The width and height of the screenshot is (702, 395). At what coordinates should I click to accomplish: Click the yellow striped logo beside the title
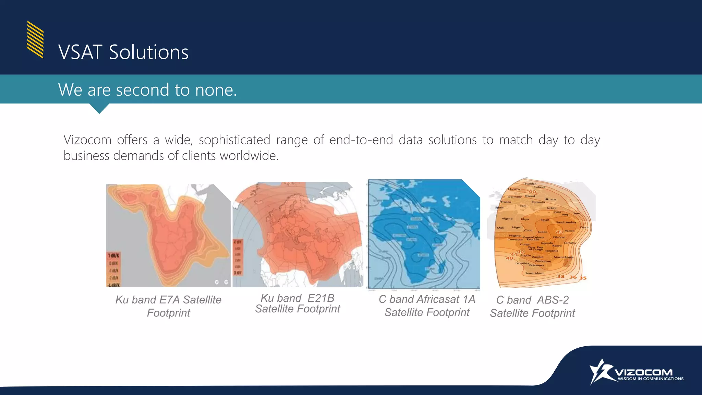(x=35, y=39)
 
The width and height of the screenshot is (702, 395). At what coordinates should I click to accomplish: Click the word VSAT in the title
(x=80, y=52)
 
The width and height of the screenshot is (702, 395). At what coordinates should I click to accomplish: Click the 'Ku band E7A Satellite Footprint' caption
(x=168, y=306)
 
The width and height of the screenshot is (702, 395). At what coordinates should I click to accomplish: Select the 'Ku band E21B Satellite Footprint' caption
(x=297, y=303)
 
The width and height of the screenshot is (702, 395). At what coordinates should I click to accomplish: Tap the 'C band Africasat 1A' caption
(x=427, y=299)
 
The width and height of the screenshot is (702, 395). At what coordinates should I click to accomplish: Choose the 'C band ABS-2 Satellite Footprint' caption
(x=532, y=306)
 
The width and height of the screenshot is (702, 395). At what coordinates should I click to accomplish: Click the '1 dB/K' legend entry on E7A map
(x=114, y=256)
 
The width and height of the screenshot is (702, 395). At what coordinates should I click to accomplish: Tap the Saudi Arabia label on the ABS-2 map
(x=566, y=222)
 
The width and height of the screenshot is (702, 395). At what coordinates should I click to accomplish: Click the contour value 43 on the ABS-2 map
(x=559, y=232)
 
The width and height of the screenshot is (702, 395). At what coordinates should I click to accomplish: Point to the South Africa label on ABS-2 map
(x=534, y=273)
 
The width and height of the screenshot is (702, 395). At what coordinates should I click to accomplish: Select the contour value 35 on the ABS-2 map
(x=583, y=278)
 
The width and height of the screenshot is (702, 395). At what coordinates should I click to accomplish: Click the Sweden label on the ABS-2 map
(x=530, y=184)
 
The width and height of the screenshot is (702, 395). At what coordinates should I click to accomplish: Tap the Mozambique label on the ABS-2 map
(x=563, y=257)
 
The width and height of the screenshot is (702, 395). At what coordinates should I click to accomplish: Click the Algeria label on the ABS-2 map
(x=507, y=218)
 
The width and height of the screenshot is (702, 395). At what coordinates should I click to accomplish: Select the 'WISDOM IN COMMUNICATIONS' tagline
(x=650, y=379)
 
